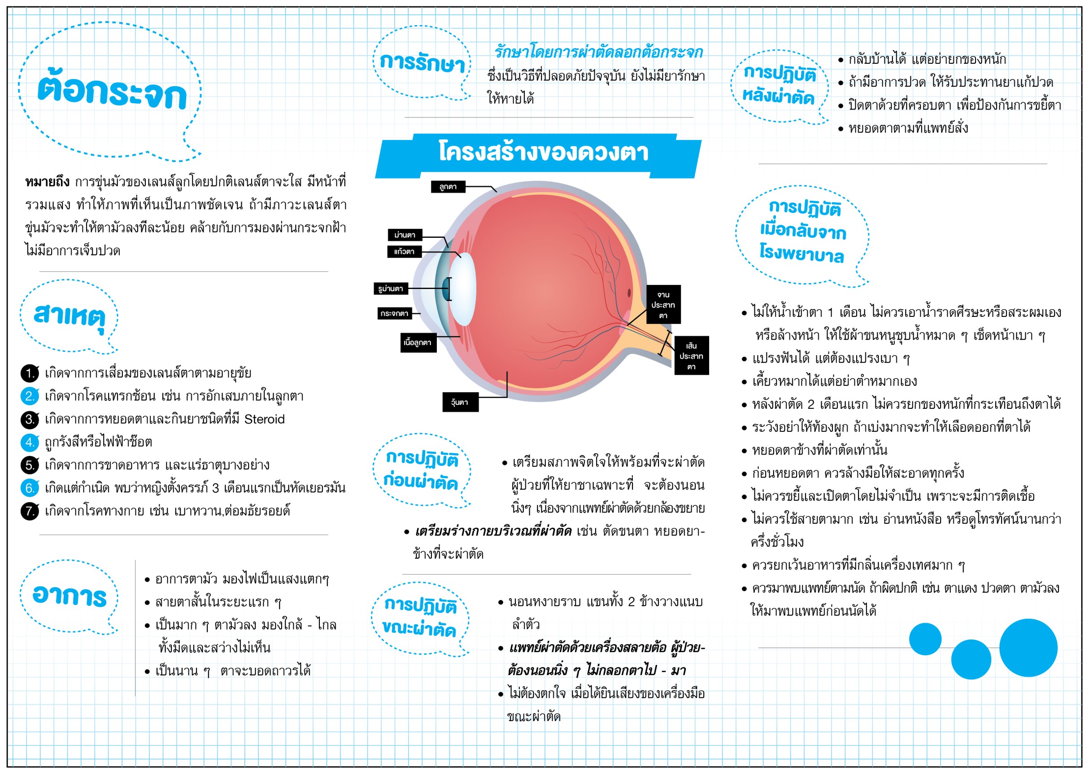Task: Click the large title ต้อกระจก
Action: (112, 90)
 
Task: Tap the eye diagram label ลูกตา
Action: (448, 187)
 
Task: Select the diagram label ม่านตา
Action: (405, 235)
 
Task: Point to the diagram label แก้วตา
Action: (404, 251)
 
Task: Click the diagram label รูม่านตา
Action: (391, 288)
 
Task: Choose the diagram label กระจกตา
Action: (395, 313)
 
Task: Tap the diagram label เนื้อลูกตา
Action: (418, 343)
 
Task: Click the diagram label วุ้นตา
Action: (460, 402)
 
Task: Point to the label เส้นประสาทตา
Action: (691, 356)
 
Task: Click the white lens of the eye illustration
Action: (462, 289)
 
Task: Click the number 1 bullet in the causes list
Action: (30, 373)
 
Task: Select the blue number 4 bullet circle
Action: (30, 442)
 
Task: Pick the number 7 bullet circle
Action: (30, 511)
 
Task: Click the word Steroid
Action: (264, 419)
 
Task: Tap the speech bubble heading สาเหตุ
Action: (69, 315)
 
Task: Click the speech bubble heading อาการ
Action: (69, 596)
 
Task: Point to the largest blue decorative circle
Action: (1028, 648)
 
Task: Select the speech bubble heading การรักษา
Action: (422, 62)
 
